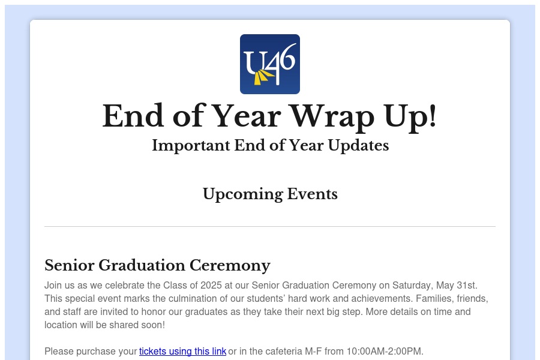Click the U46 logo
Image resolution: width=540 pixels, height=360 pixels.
coord(269,64)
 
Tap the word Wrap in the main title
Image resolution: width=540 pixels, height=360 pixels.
coord(332,117)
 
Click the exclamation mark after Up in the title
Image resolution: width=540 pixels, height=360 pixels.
coord(432,116)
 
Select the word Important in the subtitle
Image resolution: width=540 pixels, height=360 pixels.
coord(191,146)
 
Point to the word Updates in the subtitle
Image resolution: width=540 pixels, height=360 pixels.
coord(358,146)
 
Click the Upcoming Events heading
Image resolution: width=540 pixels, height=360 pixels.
coord(270,194)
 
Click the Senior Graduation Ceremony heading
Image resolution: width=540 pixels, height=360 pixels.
coord(157,266)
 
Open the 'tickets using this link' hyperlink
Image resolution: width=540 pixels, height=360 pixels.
coord(182,352)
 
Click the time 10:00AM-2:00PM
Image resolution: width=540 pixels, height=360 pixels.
coord(384,352)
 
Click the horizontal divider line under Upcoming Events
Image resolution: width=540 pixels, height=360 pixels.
coord(270,227)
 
